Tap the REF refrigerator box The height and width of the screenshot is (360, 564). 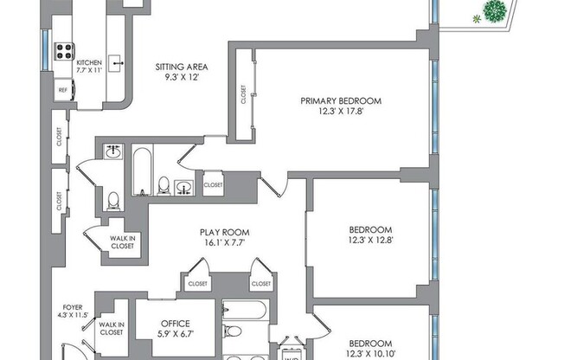point(63,89)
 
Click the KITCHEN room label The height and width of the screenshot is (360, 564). point(89,63)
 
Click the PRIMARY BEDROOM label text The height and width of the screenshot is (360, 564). point(340,100)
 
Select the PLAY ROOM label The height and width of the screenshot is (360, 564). point(224,232)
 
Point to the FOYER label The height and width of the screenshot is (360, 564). point(73,307)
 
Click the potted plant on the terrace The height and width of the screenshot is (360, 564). point(495,12)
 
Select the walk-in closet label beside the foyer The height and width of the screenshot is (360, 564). point(112,327)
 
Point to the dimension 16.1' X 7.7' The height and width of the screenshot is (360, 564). point(224,243)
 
